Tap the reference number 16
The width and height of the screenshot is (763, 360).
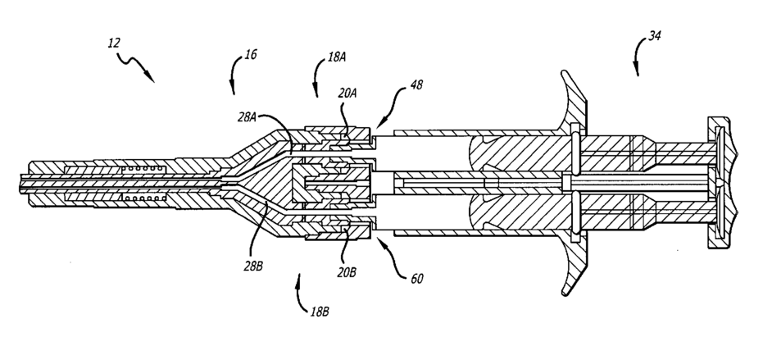click(x=251, y=55)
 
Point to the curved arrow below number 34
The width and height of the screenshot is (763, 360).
click(x=637, y=62)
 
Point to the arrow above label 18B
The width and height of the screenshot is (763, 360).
click(x=299, y=285)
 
